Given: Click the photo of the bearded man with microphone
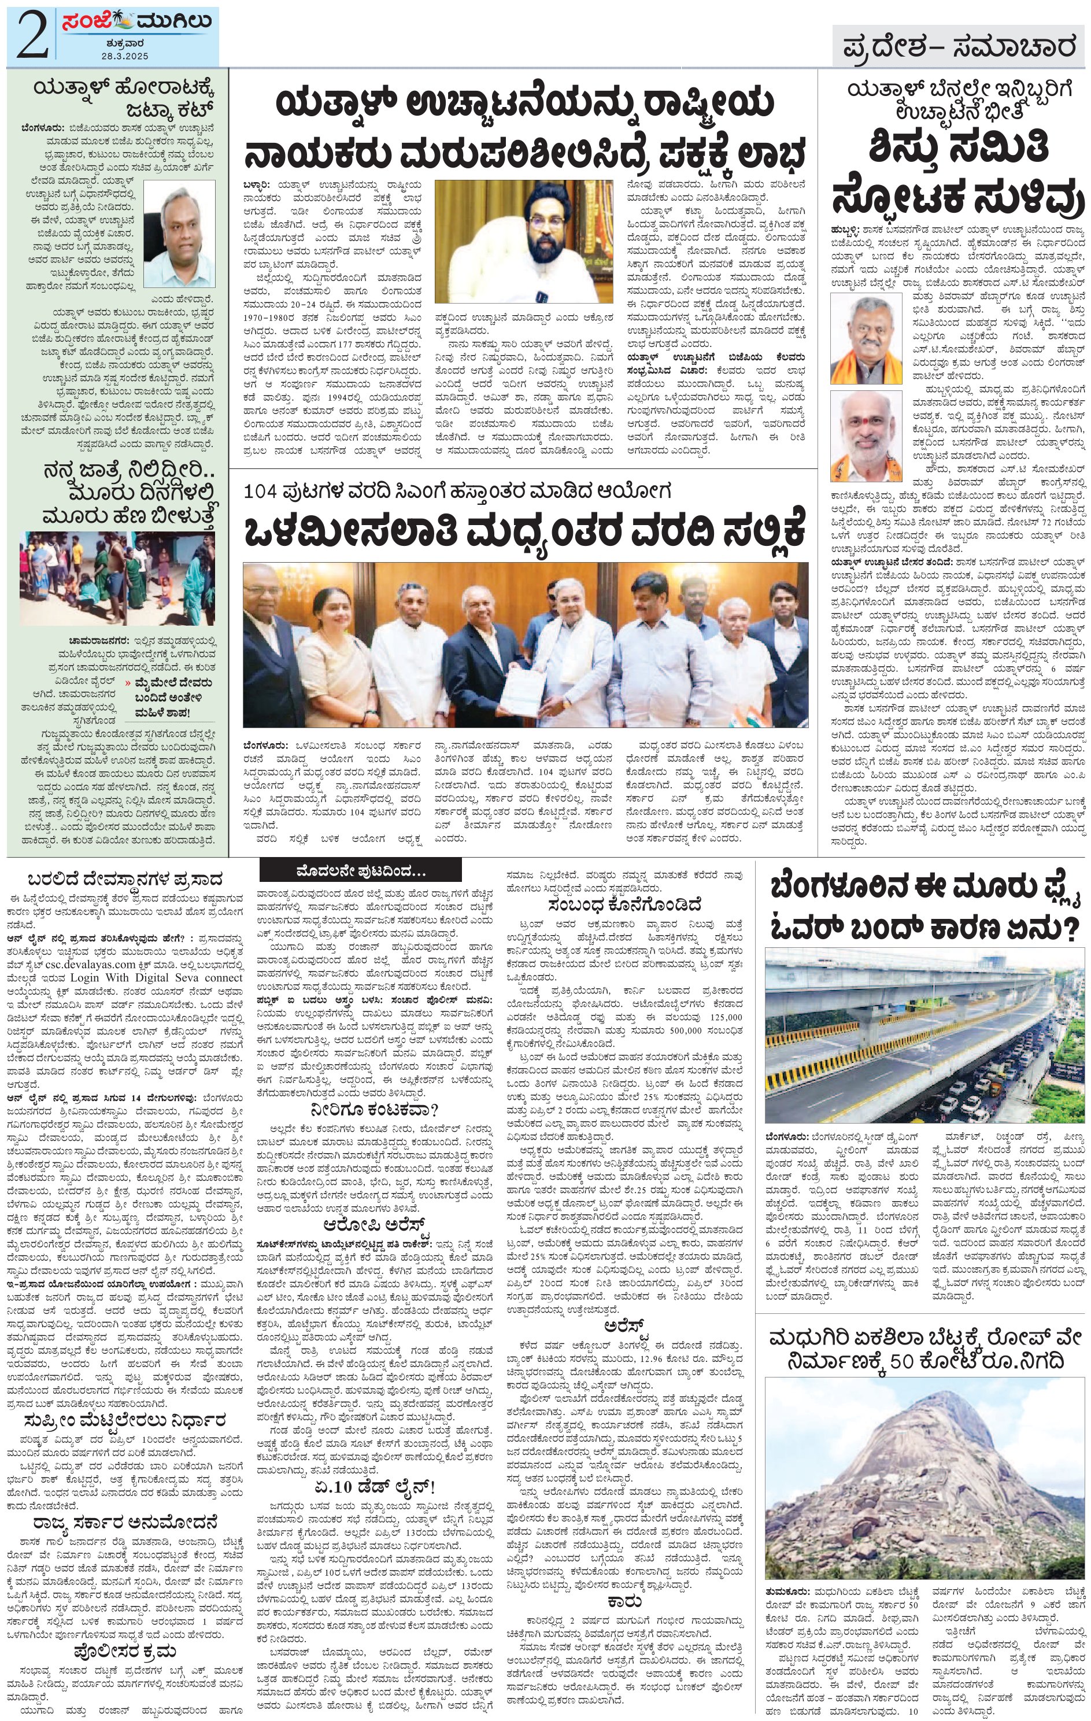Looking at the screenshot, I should [x=524, y=241].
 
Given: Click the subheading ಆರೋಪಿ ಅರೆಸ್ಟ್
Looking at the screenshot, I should [x=375, y=1224].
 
